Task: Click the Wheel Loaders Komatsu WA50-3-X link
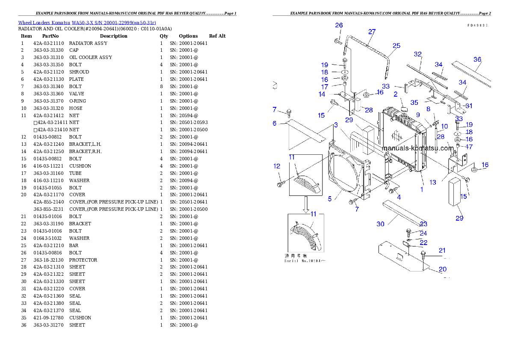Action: click(x=87, y=22)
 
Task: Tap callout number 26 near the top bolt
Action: click(x=339, y=25)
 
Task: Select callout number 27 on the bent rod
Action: click(x=372, y=32)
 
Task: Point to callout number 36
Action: click(x=477, y=59)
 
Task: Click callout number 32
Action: click(x=417, y=54)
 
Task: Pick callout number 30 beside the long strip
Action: click(x=380, y=224)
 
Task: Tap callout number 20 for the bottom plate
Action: click(x=443, y=269)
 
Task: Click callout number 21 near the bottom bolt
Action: click(x=442, y=250)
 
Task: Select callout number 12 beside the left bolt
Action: click(x=277, y=166)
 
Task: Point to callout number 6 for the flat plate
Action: click(x=275, y=123)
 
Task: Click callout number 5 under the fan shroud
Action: click(x=330, y=198)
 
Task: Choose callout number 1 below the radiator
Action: click(x=422, y=189)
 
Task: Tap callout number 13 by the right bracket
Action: click(x=433, y=183)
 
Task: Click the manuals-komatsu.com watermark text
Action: click(x=417, y=148)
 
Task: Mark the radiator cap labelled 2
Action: click(x=403, y=112)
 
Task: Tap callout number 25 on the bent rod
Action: click(x=397, y=46)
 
